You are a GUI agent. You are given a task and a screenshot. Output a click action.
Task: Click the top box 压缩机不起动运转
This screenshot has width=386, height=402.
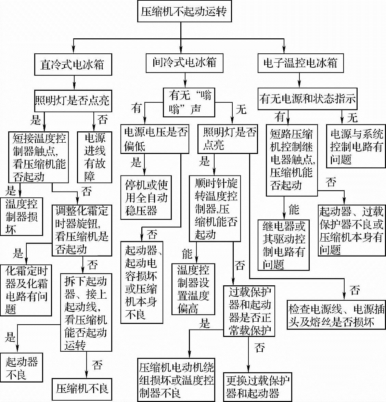(x=184, y=12)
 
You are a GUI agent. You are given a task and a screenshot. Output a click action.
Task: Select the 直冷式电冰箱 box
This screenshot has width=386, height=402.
(x=73, y=65)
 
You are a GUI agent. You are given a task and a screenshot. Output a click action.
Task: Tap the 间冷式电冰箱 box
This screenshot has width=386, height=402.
(x=184, y=62)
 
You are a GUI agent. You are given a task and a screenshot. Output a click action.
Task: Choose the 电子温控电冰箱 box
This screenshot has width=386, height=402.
(x=300, y=63)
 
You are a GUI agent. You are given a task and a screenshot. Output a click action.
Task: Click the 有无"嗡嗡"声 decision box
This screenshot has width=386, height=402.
(x=189, y=102)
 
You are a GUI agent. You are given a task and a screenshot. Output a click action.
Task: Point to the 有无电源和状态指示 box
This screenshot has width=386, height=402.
(x=307, y=99)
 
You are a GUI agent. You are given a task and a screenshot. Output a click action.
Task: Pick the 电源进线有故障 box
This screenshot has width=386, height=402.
(x=94, y=157)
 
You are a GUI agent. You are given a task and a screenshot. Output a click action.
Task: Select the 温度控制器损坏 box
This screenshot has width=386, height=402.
(x=21, y=216)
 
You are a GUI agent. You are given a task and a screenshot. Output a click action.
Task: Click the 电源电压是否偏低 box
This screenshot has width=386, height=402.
(x=155, y=139)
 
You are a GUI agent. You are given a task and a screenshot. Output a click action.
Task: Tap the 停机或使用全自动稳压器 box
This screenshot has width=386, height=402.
(x=146, y=197)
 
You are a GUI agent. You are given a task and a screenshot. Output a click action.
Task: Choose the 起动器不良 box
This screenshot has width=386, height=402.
(x=21, y=368)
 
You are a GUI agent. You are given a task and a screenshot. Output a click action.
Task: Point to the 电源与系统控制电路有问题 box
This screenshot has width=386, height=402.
(x=356, y=146)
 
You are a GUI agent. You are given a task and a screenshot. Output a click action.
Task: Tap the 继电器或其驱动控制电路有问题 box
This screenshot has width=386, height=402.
(x=284, y=245)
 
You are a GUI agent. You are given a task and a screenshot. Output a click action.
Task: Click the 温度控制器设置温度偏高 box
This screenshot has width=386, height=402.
(x=193, y=289)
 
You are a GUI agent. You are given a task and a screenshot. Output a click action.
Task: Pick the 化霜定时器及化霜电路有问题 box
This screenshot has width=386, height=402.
(x=26, y=290)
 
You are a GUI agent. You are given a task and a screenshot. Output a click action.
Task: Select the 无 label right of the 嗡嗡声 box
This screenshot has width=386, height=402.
(x=241, y=109)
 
